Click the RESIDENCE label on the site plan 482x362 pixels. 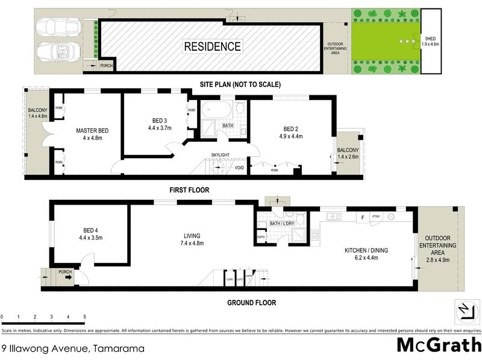pos(212,46)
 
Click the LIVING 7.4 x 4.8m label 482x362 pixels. pos(192,240)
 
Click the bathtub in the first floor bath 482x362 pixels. pos(214,110)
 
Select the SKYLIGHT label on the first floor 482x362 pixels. pos(220,155)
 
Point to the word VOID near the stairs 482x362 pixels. pos(239,168)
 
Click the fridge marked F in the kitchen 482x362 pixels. pos(363,217)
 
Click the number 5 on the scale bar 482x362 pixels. pos(84,317)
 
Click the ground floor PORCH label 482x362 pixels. pos(65,272)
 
